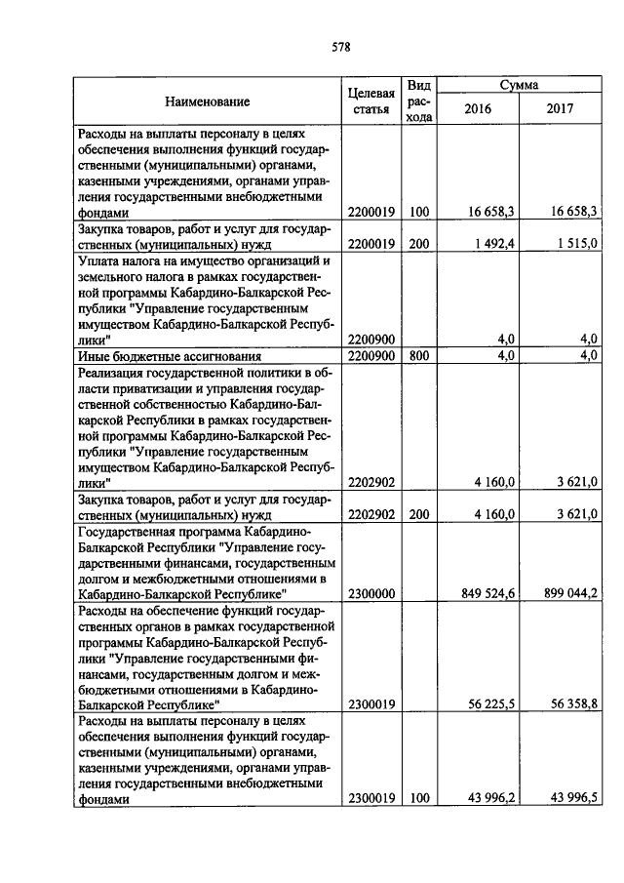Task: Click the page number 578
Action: click(x=340, y=46)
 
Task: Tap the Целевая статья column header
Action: click(x=370, y=101)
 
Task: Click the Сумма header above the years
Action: click(x=520, y=86)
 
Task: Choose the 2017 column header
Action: click(x=562, y=109)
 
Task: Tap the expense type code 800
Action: click(x=419, y=356)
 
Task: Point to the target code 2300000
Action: click(x=370, y=592)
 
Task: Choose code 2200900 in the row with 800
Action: click(x=370, y=356)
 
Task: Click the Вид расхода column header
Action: click(x=419, y=101)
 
